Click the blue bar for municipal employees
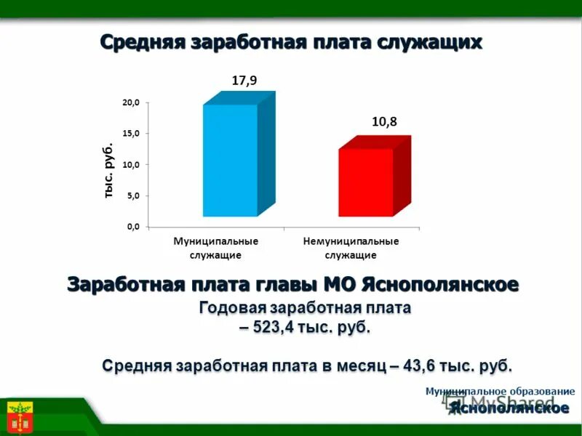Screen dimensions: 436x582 pos(230,160)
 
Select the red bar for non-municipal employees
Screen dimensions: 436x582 pos(365,182)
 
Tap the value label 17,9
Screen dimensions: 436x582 pos(244,81)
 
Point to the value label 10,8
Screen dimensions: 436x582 pos(384,122)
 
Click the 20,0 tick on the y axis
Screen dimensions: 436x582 pos(130,103)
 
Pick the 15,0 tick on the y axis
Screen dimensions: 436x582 pos(130,134)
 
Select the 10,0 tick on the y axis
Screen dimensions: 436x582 pos(130,165)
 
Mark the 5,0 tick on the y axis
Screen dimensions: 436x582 pos(132,196)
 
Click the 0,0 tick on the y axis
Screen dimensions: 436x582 pos(132,227)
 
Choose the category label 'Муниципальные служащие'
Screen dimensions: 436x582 pos(215,248)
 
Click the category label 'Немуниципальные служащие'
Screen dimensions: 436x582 pos(351,248)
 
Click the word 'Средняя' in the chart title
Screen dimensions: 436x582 pos(141,41)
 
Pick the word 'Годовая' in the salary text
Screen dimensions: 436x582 pos(231,308)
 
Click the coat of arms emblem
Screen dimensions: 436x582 pos(20,416)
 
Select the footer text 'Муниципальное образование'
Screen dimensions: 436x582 pos(500,391)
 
